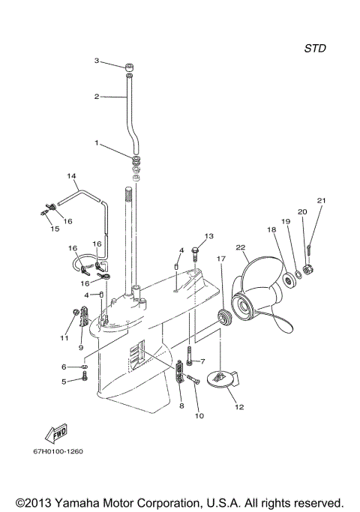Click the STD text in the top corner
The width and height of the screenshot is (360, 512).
click(315, 48)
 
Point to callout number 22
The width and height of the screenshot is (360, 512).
click(241, 247)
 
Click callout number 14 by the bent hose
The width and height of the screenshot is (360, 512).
click(72, 177)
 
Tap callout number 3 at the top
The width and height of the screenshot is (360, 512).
click(96, 61)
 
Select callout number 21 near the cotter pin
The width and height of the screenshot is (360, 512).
click(321, 200)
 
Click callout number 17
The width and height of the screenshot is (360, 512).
click(221, 259)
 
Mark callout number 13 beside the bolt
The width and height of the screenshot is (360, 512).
click(209, 236)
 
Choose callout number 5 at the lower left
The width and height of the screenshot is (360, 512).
click(64, 381)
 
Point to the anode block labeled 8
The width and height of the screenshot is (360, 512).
click(179, 371)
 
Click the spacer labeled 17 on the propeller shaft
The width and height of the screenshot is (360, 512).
click(223, 316)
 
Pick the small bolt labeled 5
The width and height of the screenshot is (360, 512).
click(83, 379)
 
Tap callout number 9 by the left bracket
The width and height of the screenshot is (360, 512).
click(82, 348)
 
